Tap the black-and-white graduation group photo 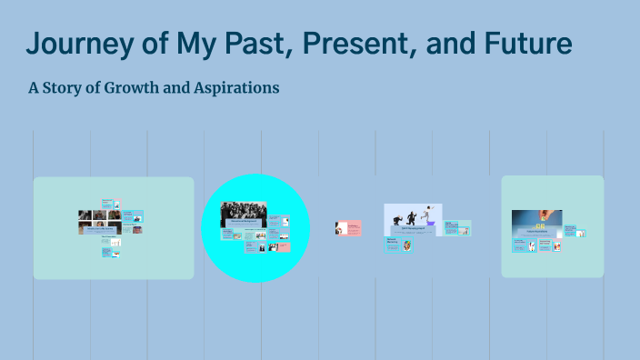click(244, 211)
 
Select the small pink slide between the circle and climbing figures click(348, 227)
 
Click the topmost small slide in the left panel click(108, 202)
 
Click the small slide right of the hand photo click(570, 228)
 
